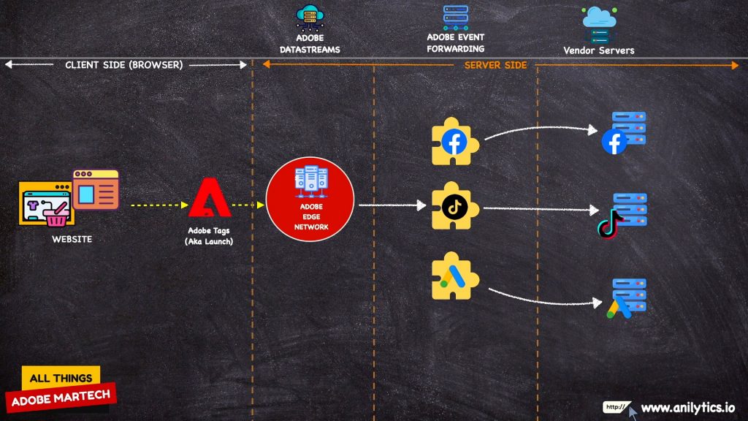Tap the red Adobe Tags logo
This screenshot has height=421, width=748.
coord(210,199)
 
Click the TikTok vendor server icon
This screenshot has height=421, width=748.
coord(622,214)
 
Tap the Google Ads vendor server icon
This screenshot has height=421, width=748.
coord(626,298)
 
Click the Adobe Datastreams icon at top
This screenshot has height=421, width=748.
coord(310,18)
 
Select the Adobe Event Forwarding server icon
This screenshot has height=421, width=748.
coord(456,17)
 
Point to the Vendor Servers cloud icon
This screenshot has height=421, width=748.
coord(599,25)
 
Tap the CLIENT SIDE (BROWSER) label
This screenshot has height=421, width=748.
coord(124,65)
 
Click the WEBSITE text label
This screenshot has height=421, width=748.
coord(72,239)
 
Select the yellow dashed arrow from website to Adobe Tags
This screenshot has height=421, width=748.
coord(159,205)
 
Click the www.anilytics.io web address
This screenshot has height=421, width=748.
coord(687,408)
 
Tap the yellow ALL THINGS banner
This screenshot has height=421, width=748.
coord(61,378)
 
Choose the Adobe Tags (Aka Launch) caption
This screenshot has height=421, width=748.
coord(210,236)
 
